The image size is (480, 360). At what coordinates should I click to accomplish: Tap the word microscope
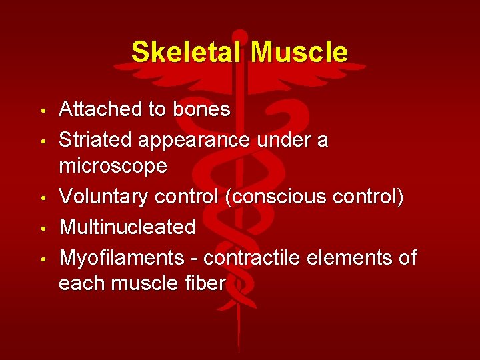(x=113, y=167)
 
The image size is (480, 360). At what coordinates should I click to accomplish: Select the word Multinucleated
(x=127, y=227)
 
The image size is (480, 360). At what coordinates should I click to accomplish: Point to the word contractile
(x=256, y=257)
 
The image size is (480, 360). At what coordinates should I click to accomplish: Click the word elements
(x=351, y=257)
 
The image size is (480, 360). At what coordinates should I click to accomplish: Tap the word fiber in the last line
(x=207, y=283)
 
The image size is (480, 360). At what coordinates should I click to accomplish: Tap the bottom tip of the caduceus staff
(x=239, y=349)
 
